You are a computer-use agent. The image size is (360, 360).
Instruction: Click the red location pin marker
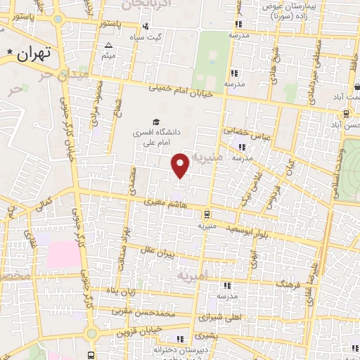point(181,165)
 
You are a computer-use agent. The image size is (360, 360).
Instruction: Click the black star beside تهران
point(9,53)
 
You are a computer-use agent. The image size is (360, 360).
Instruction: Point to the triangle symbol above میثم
point(108,46)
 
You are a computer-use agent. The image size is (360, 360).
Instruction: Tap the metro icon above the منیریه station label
point(206,214)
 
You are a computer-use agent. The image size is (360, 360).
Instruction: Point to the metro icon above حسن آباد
point(347,112)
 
